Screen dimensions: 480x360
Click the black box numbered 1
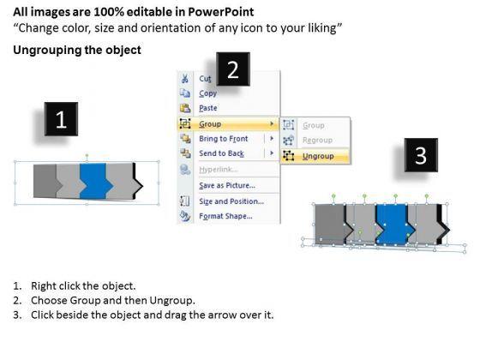pyautogui.click(x=61, y=119)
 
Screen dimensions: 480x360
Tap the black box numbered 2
pyautogui.click(x=233, y=69)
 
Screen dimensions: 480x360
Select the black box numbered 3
pyautogui.click(x=421, y=155)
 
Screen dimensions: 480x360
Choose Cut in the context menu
pyautogui.click(x=205, y=79)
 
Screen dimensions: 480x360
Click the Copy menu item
pyautogui.click(x=207, y=93)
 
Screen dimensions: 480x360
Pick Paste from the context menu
pyautogui.click(x=208, y=108)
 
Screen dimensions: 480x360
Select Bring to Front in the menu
pyautogui.click(x=224, y=139)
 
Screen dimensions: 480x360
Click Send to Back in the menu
pyautogui.click(x=222, y=153)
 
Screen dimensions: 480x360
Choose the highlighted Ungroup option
pyautogui.click(x=318, y=156)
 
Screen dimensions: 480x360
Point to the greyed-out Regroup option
pyautogui.click(x=317, y=141)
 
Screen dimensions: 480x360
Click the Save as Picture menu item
pyautogui.click(x=227, y=185)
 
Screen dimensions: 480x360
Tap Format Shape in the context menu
pyautogui.click(x=226, y=216)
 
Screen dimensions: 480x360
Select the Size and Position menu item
pyautogui.click(x=231, y=201)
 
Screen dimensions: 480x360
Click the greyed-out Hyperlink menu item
pyautogui.click(x=219, y=170)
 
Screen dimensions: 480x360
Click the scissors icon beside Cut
pyautogui.click(x=184, y=79)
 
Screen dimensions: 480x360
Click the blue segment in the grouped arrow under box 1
pyautogui.click(x=95, y=181)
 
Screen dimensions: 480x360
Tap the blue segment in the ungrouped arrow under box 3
pyautogui.click(x=394, y=225)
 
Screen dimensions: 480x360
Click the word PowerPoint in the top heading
pyautogui.click(x=221, y=12)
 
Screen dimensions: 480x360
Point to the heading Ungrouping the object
pyautogui.click(x=77, y=50)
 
